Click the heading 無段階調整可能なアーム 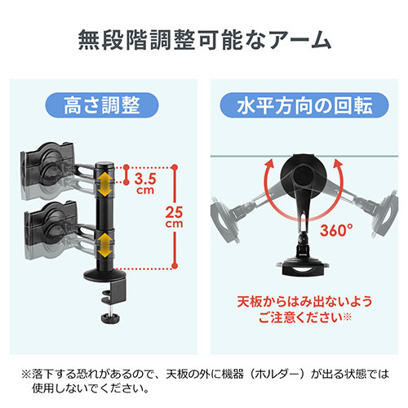tap(204, 38)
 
